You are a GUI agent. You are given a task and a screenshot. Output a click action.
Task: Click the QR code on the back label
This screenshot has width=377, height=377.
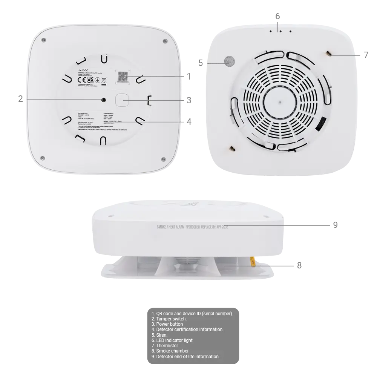122,77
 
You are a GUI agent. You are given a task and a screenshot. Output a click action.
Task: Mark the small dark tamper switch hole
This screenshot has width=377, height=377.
103,100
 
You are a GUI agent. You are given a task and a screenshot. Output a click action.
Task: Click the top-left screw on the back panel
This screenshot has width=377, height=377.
44,40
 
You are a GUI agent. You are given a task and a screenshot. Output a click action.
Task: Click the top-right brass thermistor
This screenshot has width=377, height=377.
329,54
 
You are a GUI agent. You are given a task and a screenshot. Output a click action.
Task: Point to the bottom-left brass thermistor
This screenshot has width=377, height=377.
231,149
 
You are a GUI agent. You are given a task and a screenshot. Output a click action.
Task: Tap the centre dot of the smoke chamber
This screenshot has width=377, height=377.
279,101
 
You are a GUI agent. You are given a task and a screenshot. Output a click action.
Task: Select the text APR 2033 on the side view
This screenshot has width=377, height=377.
220,227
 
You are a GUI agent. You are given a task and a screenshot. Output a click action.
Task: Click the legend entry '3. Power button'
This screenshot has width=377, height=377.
167,324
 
